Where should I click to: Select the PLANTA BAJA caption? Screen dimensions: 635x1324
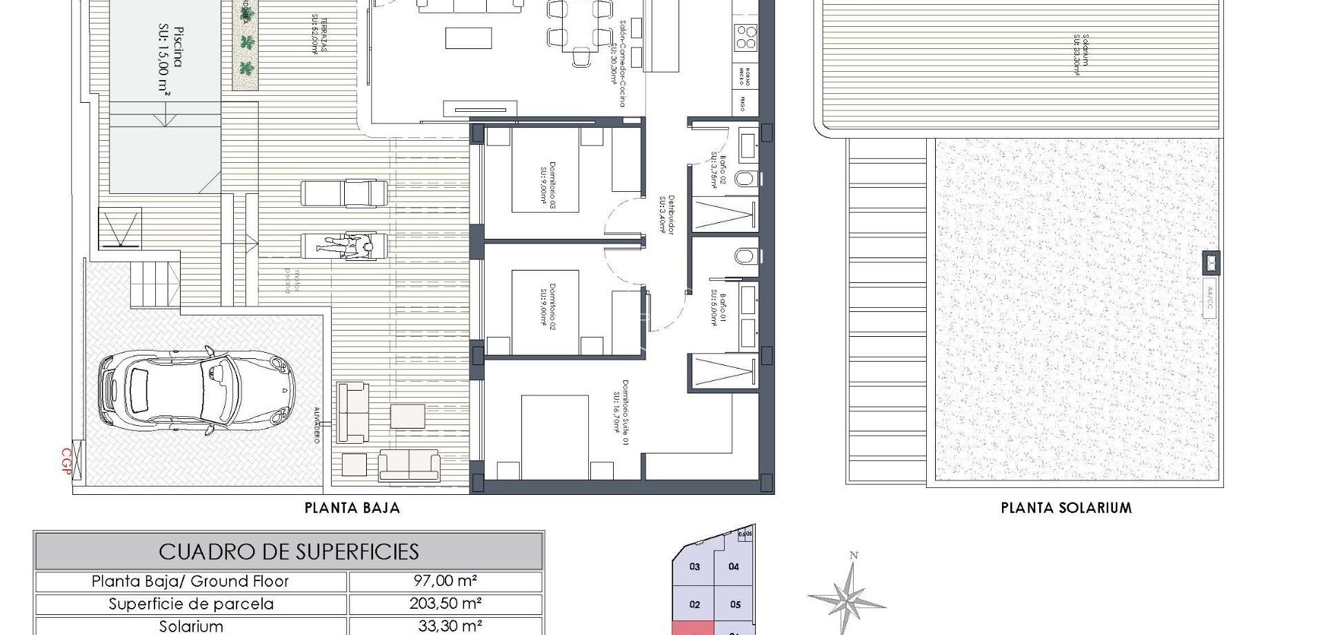click(352, 509)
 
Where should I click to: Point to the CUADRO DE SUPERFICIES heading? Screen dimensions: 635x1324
click(289, 551)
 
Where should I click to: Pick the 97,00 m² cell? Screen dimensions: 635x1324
click(445, 581)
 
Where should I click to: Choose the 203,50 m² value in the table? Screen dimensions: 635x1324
click(445, 604)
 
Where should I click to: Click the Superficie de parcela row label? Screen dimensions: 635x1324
click(191, 604)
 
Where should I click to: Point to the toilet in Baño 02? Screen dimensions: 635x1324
click(745, 179)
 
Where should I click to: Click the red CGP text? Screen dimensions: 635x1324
click(67, 458)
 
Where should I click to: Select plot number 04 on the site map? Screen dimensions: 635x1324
click(734, 567)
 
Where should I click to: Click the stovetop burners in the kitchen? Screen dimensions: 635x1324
click(745, 37)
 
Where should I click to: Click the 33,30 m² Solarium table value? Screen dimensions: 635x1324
click(445, 627)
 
